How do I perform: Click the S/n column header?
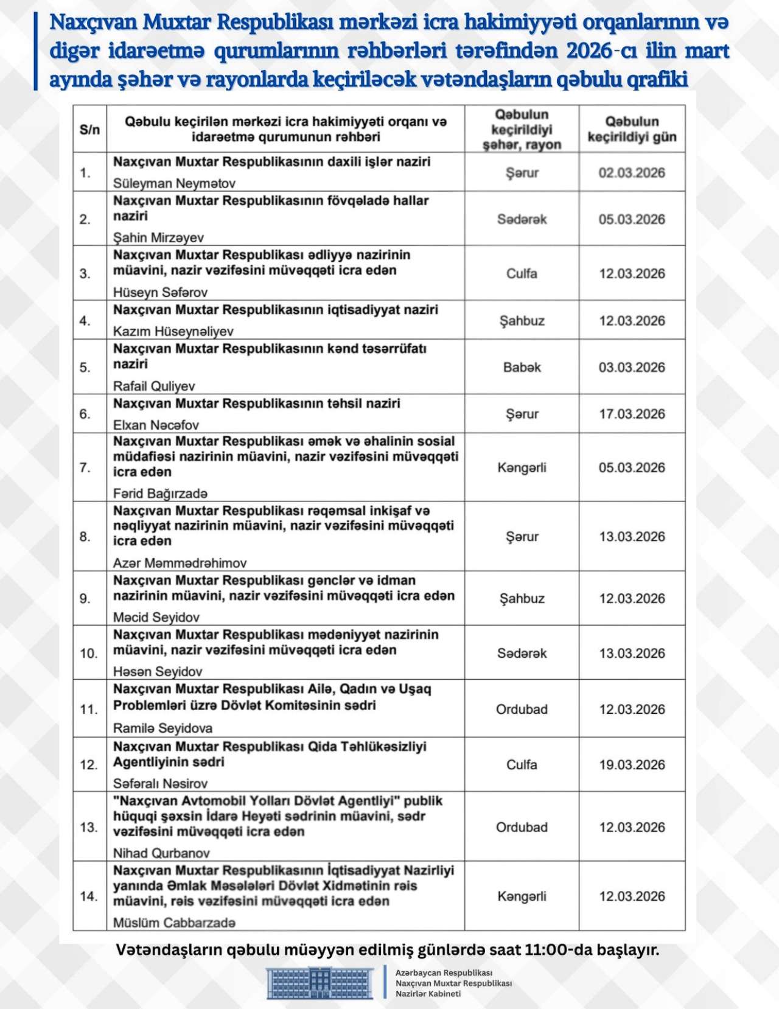tap(89, 130)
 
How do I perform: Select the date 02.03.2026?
tap(632, 173)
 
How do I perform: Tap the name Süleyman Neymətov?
tap(174, 183)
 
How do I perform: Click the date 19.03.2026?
tap(632, 765)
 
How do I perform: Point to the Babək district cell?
tap(522, 368)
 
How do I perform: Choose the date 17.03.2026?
tap(632, 414)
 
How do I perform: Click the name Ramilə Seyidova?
tap(162, 728)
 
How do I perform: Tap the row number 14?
tap(89, 896)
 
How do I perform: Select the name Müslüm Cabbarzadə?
tap(174, 923)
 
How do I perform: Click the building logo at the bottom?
tap(320, 983)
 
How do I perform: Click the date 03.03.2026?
tap(632, 368)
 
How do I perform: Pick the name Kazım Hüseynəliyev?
tap(173, 331)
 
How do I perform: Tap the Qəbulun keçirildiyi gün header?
tap(632, 129)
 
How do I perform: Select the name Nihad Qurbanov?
tap(161, 853)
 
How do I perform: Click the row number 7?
tap(85, 467)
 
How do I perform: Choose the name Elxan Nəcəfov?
tap(156, 425)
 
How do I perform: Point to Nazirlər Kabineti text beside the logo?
tap(428, 994)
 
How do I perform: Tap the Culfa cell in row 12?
tap(522, 765)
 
